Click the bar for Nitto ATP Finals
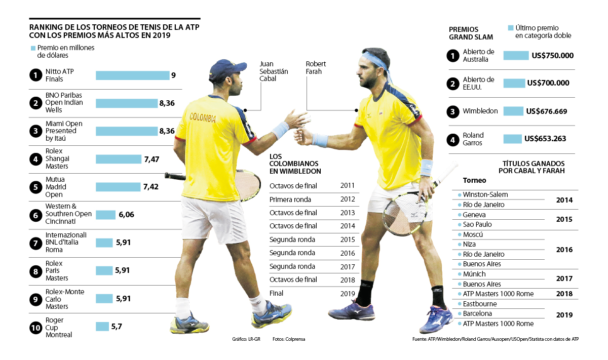click(132, 75)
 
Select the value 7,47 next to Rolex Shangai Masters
click(151, 159)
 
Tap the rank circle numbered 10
click(35, 328)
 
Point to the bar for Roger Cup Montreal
click(102, 327)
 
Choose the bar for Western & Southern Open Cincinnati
click(105, 215)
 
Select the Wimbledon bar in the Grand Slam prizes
click(513, 111)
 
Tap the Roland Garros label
click(473, 139)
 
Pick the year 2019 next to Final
click(348, 293)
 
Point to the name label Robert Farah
click(316, 68)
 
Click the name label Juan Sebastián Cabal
click(274, 71)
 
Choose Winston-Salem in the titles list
click(485, 195)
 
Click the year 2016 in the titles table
click(564, 250)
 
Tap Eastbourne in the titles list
click(480, 304)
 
